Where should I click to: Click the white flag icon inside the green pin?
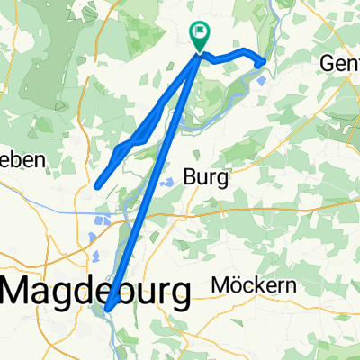[x=199, y=35]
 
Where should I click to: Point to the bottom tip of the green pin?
[x=199, y=52]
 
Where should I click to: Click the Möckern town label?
[x=253, y=285]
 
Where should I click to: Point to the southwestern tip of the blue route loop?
[x=96, y=186]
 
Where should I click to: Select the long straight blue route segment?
[x=153, y=180]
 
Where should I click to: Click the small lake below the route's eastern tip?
[x=261, y=79]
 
